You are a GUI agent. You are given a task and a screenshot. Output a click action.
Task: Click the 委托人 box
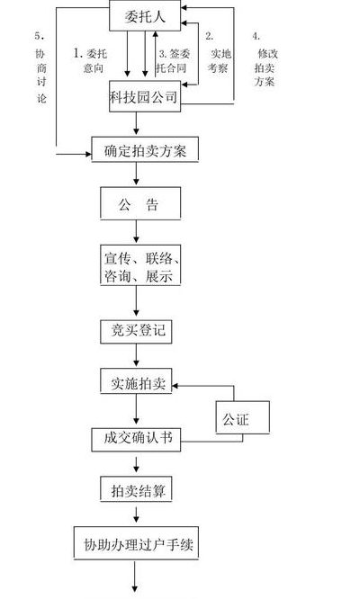[145, 15]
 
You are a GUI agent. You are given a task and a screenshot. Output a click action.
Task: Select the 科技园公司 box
[145, 96]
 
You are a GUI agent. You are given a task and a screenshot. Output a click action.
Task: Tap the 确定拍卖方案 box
[145, 149]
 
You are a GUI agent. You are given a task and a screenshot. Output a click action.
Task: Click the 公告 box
[140, 203]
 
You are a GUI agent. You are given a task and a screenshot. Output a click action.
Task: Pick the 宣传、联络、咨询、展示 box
[140, 265]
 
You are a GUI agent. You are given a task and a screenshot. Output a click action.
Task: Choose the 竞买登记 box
[136, 331]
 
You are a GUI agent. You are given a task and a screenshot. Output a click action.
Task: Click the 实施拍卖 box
[136, 380]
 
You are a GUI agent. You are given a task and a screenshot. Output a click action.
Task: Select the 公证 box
[243, 417]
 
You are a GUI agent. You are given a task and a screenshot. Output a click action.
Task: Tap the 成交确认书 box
[136, 439]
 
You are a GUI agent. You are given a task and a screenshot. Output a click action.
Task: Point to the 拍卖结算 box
[136, 488]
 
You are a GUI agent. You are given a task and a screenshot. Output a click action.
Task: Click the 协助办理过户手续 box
[136, 543]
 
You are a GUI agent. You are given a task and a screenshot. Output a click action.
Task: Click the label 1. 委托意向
[91, 60]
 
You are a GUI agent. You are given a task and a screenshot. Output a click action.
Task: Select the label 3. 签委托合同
[173, 61]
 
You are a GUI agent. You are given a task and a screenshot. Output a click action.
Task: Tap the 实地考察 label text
[219, 61]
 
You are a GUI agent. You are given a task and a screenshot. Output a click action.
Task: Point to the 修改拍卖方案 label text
[265, 67]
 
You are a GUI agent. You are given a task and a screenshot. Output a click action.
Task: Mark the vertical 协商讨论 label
[40, 76]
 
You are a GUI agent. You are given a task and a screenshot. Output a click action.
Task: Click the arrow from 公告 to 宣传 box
[137, 231]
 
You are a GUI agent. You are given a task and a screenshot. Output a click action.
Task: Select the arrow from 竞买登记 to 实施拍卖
[137, 355]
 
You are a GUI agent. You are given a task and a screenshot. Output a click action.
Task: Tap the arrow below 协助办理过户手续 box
[135, 577]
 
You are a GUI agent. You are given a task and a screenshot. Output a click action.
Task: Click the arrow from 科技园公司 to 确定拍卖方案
[137, 123]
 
